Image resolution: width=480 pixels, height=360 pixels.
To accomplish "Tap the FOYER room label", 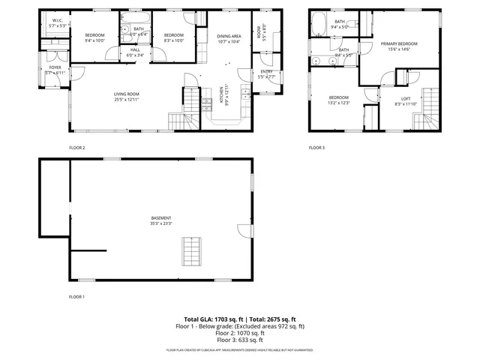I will point(55,67).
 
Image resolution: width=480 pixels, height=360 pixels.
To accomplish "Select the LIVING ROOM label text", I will point(127,93).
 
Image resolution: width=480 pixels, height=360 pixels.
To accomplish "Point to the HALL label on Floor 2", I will point(135,50).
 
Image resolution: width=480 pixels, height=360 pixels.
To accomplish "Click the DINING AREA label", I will point(229,36).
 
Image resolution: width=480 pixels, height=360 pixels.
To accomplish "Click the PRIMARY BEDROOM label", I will point(398,44).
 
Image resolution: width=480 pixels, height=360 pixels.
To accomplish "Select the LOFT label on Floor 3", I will point(406,98).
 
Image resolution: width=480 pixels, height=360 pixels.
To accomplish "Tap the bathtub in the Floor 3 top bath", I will point(319,21).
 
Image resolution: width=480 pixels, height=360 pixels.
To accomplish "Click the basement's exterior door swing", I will point(241,230).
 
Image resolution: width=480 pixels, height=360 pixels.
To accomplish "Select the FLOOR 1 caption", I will point(76,297).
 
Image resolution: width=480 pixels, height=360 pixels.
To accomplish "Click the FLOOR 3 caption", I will point(316,148).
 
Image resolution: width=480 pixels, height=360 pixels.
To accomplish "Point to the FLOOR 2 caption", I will point(76,148).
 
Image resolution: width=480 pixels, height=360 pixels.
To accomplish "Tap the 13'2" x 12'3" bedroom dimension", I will point(338,103).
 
